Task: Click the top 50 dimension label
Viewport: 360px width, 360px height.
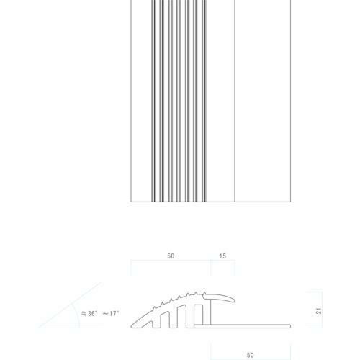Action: pos(171,256)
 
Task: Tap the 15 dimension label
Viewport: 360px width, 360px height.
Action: pos(222,256)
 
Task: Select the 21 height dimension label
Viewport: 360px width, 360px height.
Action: pos(319,311)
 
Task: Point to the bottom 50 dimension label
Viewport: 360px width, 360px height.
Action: pos(250,355)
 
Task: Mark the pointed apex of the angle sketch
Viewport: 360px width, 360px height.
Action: pos(40,328)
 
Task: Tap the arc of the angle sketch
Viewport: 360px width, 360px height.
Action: pos(78,317)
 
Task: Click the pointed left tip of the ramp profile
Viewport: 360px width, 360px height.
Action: pos(131,326)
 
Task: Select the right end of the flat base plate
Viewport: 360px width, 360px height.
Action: pos(290,326)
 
